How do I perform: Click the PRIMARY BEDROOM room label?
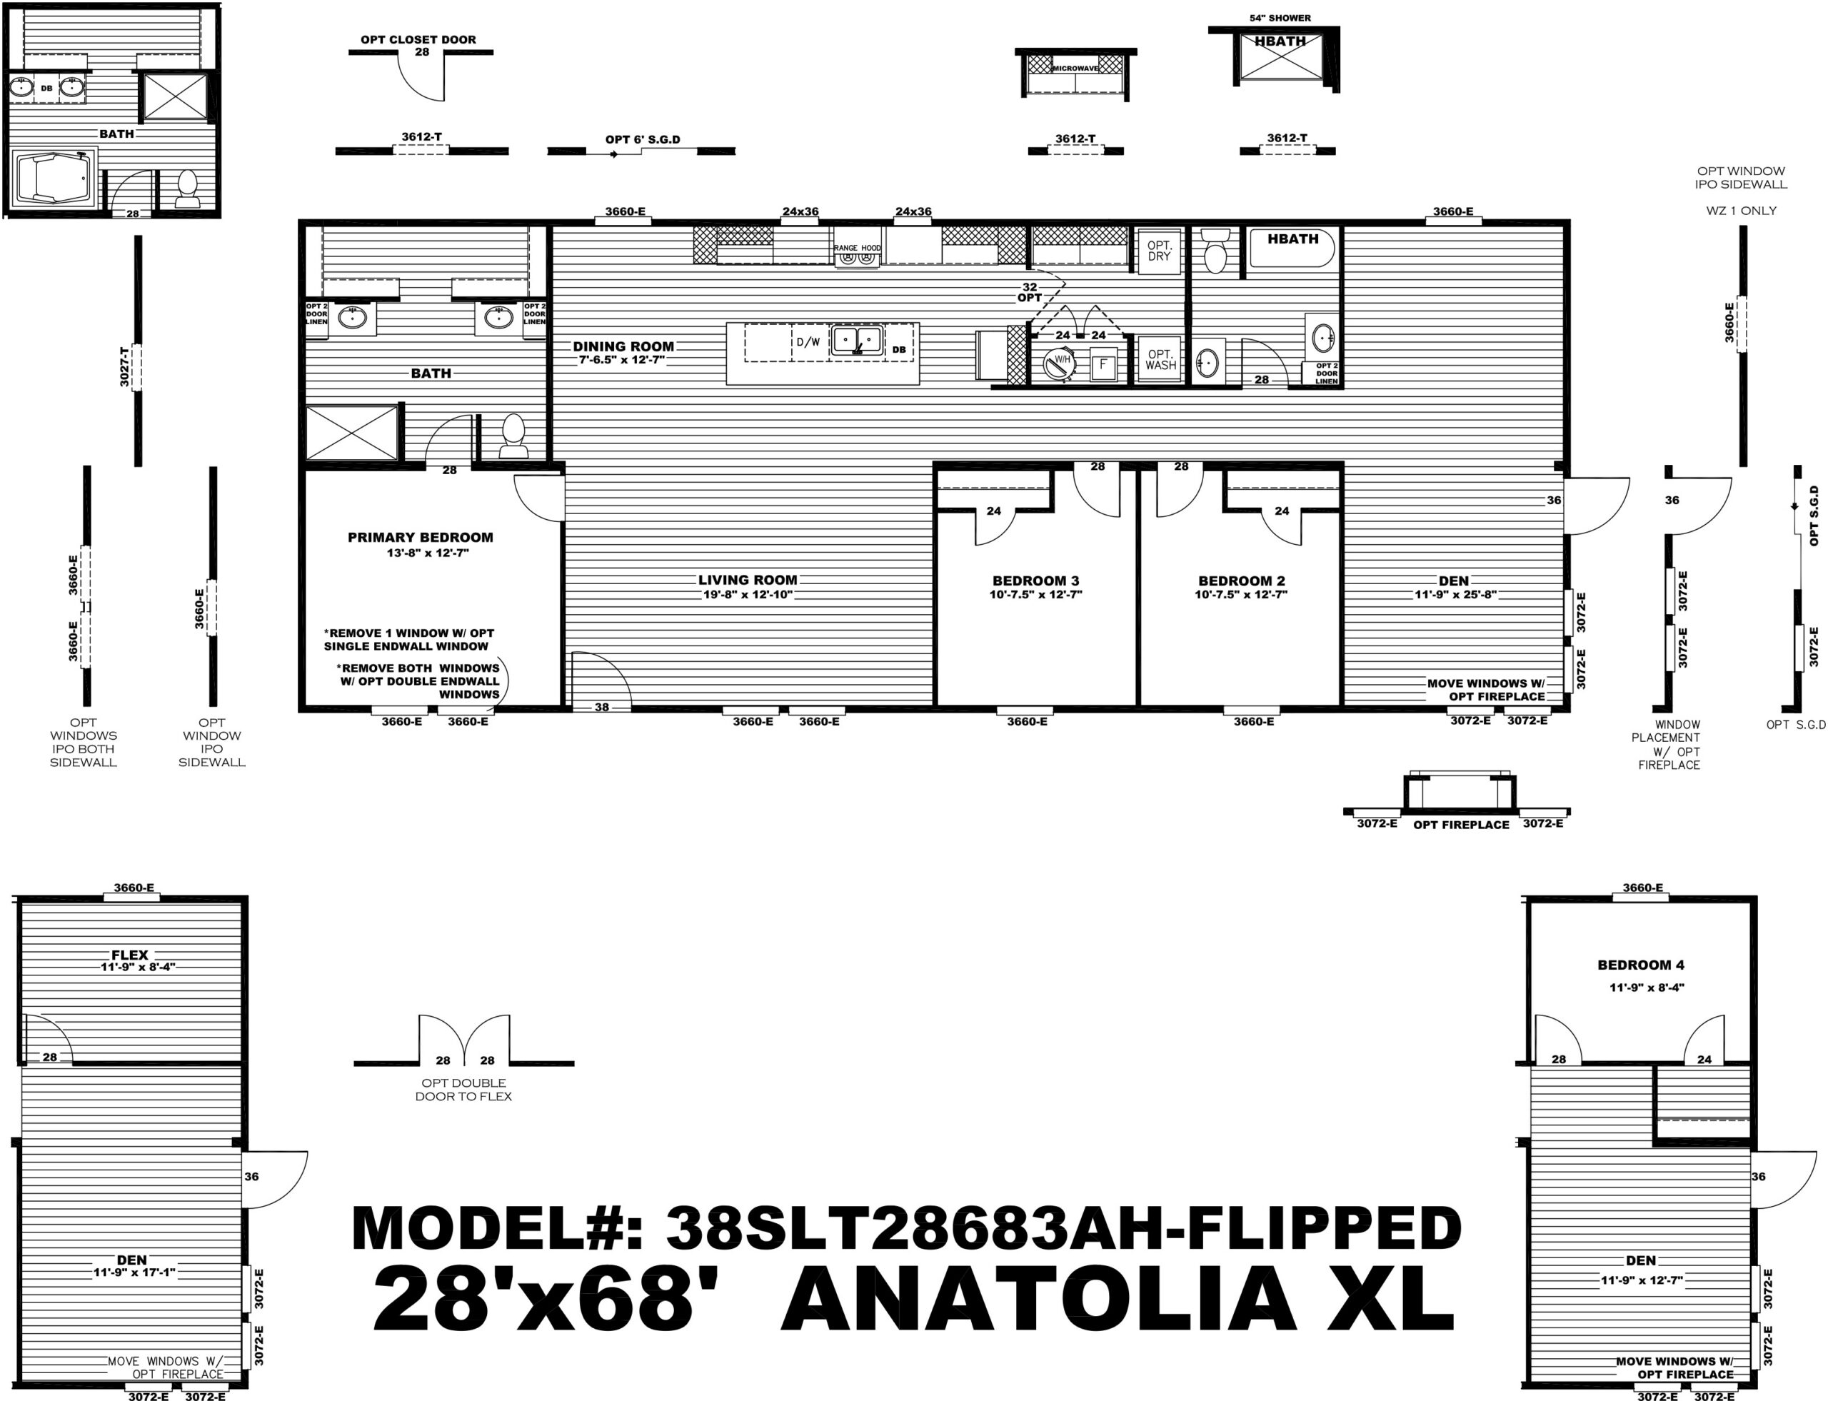pos(421,538)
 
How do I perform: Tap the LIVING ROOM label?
pos(748,581)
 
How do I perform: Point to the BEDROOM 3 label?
pos(1036,581)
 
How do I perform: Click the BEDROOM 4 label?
pos(1640,965)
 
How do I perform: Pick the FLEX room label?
pos(130,955)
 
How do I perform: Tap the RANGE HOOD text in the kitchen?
pos(858,248)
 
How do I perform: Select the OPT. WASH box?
pos(1160,359)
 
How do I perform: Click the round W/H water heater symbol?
pos(1060,363)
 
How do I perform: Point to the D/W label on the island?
pos(808,342)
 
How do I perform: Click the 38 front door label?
pos(602,707)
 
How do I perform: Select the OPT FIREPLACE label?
pos(1461,825)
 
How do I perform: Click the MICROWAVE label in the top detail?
pos(1075,69)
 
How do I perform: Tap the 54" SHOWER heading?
pos(1280,18)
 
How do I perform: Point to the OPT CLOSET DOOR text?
pos(418,39)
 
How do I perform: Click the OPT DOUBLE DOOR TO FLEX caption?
pos(463,1089)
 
